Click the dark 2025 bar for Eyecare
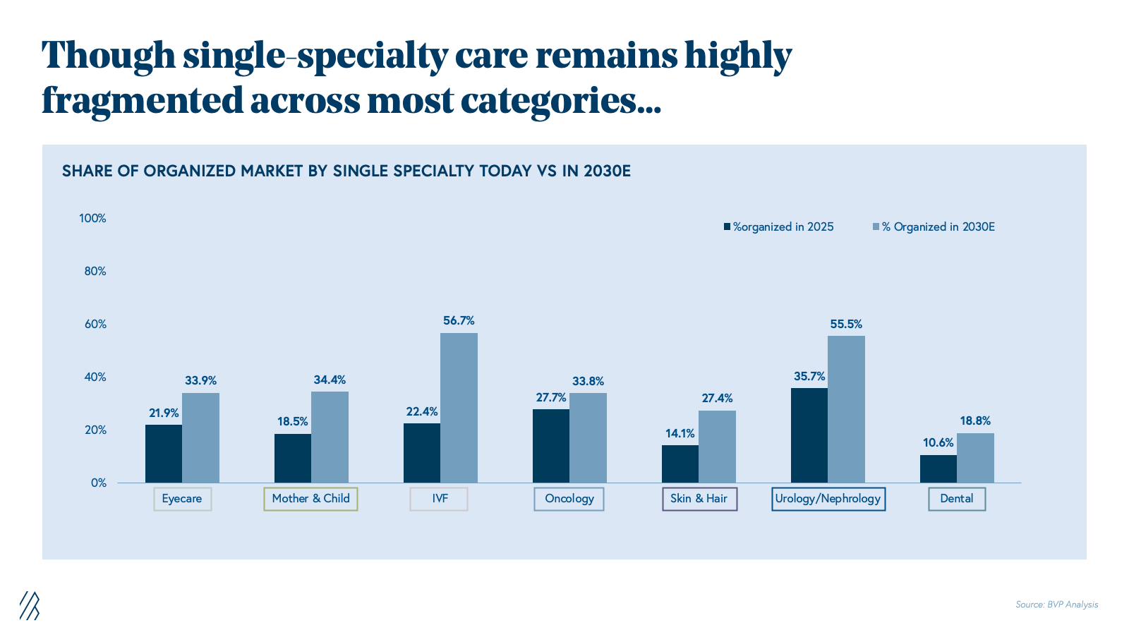point(164,454)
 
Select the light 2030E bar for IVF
point(459,408)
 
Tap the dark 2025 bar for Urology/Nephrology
point(809,435)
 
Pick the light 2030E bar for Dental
point(975,458)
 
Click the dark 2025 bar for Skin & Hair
point(680,464)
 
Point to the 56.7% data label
point(459,321)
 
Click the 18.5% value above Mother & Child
point(292,422)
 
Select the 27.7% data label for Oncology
point(551,398)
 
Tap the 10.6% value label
point(938,443)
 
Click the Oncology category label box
point(569,499)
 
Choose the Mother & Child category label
point(310,499)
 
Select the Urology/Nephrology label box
point(828,499)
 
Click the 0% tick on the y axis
point(98,483)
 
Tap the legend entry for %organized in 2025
point(778,227)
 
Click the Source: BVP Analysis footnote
point(1056,605)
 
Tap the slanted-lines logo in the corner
point(30,605)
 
